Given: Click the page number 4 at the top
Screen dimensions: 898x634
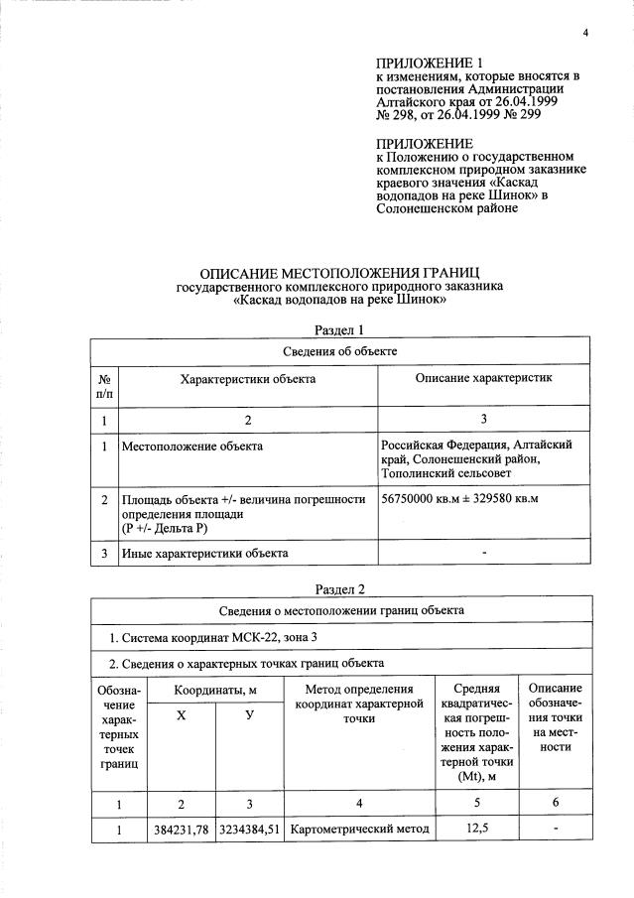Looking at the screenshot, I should click(x=585, y=35).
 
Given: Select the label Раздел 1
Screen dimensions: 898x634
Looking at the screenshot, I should click(x=340, y=328).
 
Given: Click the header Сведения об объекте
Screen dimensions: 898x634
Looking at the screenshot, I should click(x=340, y=350).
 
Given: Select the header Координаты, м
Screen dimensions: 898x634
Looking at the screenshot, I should click(x=215, y=688).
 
